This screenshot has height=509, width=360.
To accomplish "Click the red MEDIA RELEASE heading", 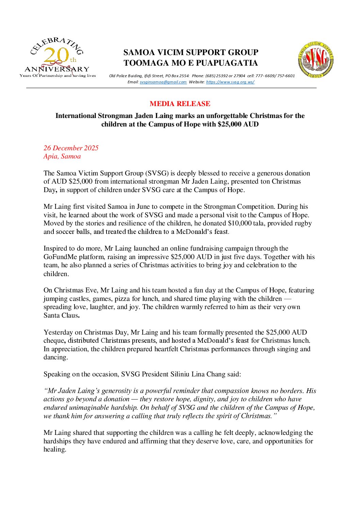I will (x=180, y=104).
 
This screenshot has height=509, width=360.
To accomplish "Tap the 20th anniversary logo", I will (x=58, y=58).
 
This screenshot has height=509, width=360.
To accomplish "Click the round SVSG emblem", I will (x=315, y=60).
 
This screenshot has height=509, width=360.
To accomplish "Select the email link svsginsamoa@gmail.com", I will (x=163, y=82).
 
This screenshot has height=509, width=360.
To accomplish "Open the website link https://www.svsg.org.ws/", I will (x=230, y=82).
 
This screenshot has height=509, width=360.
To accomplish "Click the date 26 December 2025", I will (x=71, y=148).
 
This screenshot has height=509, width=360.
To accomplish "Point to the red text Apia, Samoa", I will (x=62, y=156).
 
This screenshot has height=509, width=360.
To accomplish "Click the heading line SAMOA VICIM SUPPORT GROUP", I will (x=191, y=52).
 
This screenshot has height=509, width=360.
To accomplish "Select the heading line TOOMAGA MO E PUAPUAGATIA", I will (x=191, y=63).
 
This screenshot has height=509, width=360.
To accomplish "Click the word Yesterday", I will (x=58, y=333).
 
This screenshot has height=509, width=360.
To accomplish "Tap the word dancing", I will (x=55, y=357).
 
